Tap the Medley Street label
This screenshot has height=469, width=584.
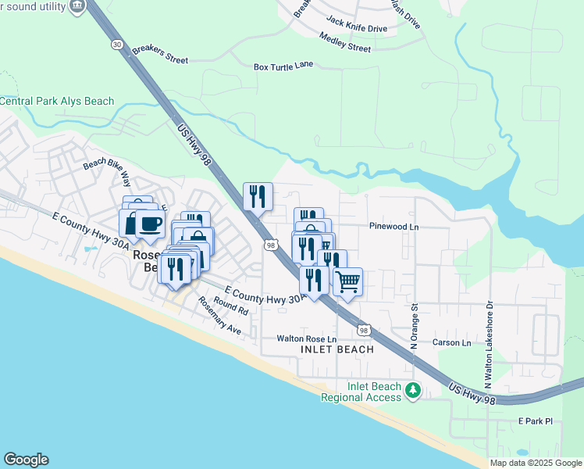click(345, 42)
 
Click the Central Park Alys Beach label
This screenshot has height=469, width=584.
click(57, 102)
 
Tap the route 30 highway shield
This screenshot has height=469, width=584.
click(117, 45)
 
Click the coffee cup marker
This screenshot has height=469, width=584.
click(150, 223)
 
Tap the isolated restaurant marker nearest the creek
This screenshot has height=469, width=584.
click(258, 195)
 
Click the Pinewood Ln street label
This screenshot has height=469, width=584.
click(394, 227)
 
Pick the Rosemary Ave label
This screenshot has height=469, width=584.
click(219, 317)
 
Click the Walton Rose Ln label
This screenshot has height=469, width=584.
click(306, 339)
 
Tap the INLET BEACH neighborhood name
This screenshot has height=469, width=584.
click(337, 350)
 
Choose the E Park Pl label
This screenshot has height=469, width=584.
click(535, 421)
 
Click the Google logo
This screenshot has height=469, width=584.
click(25, 460)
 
